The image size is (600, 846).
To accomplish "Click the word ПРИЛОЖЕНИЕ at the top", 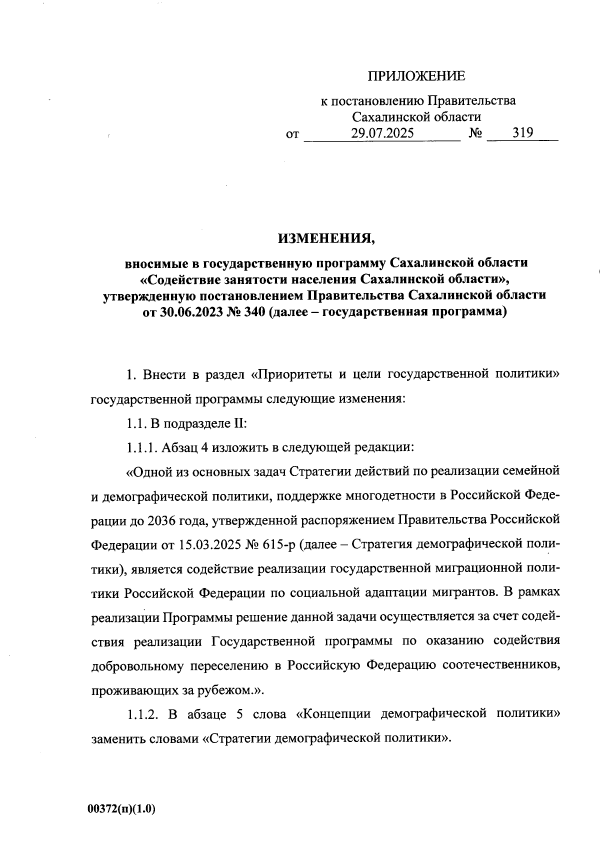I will [x=416, y=76].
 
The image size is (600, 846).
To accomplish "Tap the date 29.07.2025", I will [x=382, y=133].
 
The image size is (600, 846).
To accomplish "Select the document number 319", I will [x=522, y=133].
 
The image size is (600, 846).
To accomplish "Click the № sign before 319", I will [x=475, y=133].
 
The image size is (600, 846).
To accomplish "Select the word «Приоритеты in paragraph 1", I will [x=290, y=374].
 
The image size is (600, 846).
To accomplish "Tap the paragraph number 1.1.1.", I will [x=141, y=447].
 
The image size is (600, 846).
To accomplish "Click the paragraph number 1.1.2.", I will [x=142, y=714].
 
